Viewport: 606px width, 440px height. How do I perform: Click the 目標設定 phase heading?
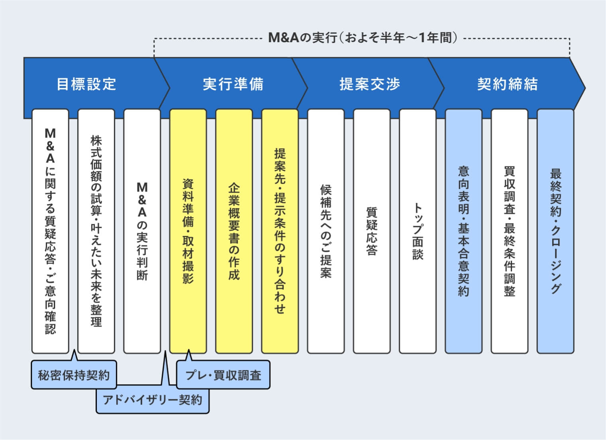86,84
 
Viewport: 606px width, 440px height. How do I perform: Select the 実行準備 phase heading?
233,84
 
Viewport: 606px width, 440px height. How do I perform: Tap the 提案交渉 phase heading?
370,84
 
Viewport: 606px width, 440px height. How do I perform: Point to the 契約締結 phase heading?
507,84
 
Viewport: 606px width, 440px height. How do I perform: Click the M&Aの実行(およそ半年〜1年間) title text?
362,38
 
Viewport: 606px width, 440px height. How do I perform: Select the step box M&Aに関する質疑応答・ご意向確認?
50,231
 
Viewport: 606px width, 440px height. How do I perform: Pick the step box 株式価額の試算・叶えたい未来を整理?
96,231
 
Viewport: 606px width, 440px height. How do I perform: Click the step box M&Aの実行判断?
142,231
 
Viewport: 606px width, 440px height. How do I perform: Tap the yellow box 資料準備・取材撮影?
188,231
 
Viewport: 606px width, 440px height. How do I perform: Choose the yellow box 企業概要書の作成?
234,231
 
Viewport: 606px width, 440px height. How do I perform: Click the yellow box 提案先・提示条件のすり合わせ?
280,231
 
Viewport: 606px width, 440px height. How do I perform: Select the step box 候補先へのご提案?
326,231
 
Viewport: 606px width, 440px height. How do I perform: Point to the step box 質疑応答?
372,231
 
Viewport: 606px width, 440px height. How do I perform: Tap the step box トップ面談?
417,231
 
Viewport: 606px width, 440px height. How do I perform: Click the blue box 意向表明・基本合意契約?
463,231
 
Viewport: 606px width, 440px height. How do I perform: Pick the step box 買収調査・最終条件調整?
509,231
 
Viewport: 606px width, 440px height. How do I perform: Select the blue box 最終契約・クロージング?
555,231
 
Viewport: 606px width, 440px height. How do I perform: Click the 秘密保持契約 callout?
74,375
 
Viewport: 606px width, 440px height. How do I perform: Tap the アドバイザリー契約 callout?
152,400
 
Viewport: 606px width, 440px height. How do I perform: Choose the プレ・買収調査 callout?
223,375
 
